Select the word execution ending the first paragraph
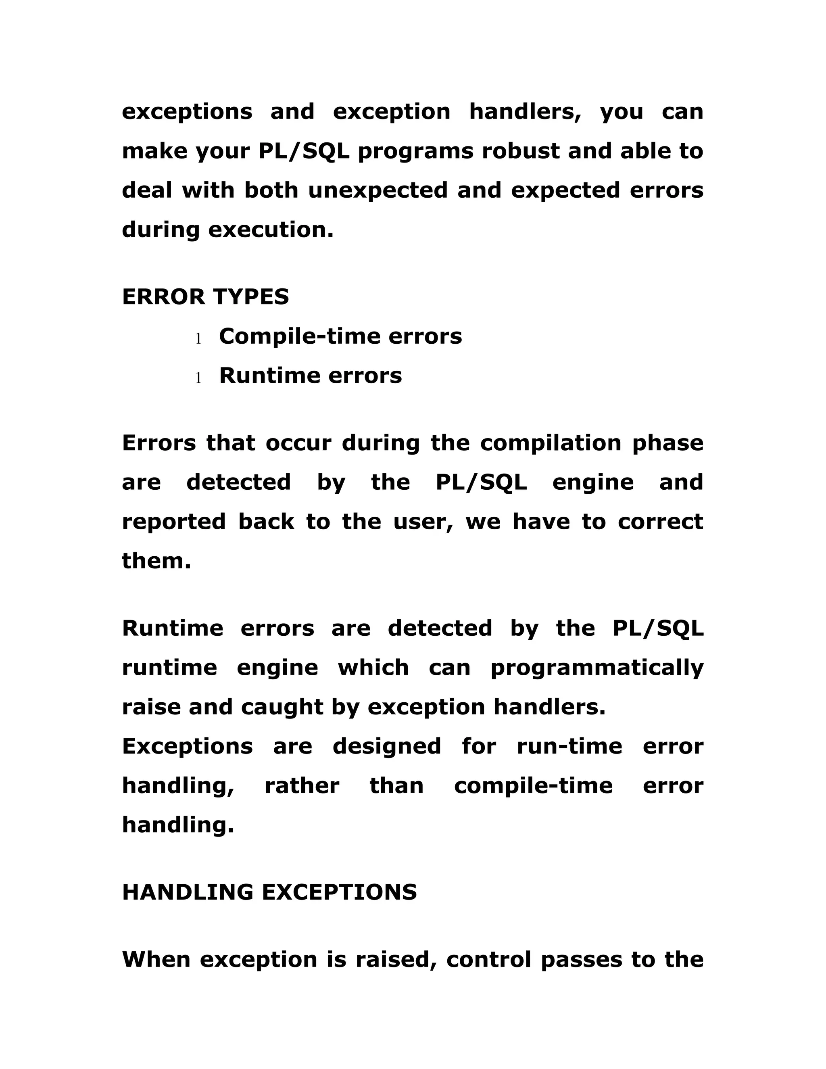click(271, 230)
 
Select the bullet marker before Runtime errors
click(198, 378)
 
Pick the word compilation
click(551, 443)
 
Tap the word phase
click(667, 443)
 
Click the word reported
click(174, 522)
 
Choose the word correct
click(661, 522)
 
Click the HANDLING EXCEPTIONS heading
click(269, 892)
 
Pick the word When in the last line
click(156, 959)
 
